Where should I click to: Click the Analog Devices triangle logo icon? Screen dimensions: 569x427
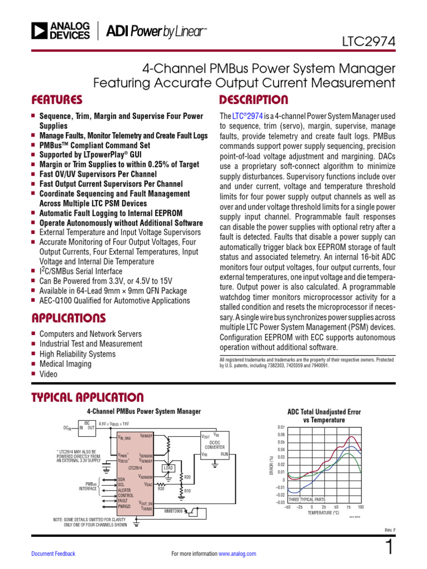39,31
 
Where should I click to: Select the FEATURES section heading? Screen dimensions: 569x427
57,100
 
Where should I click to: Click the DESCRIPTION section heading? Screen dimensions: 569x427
254,100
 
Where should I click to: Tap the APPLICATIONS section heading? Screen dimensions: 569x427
68,318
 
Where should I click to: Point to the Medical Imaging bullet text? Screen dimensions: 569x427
65,364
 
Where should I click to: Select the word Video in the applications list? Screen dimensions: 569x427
48,374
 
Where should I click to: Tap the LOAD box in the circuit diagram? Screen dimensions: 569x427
168,468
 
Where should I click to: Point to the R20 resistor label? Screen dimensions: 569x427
187,477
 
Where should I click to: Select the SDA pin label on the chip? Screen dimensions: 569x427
122,479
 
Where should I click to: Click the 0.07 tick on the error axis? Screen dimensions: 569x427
281,427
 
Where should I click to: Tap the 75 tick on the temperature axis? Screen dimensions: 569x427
349,507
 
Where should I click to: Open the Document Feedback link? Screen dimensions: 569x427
53,554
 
